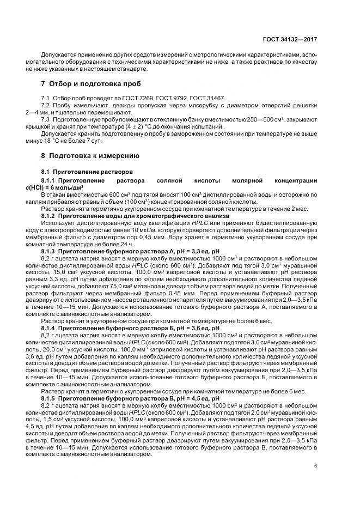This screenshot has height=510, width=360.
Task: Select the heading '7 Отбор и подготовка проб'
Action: (x=91, y=84)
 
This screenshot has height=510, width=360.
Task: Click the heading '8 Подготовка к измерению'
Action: (x=90, y=155)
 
